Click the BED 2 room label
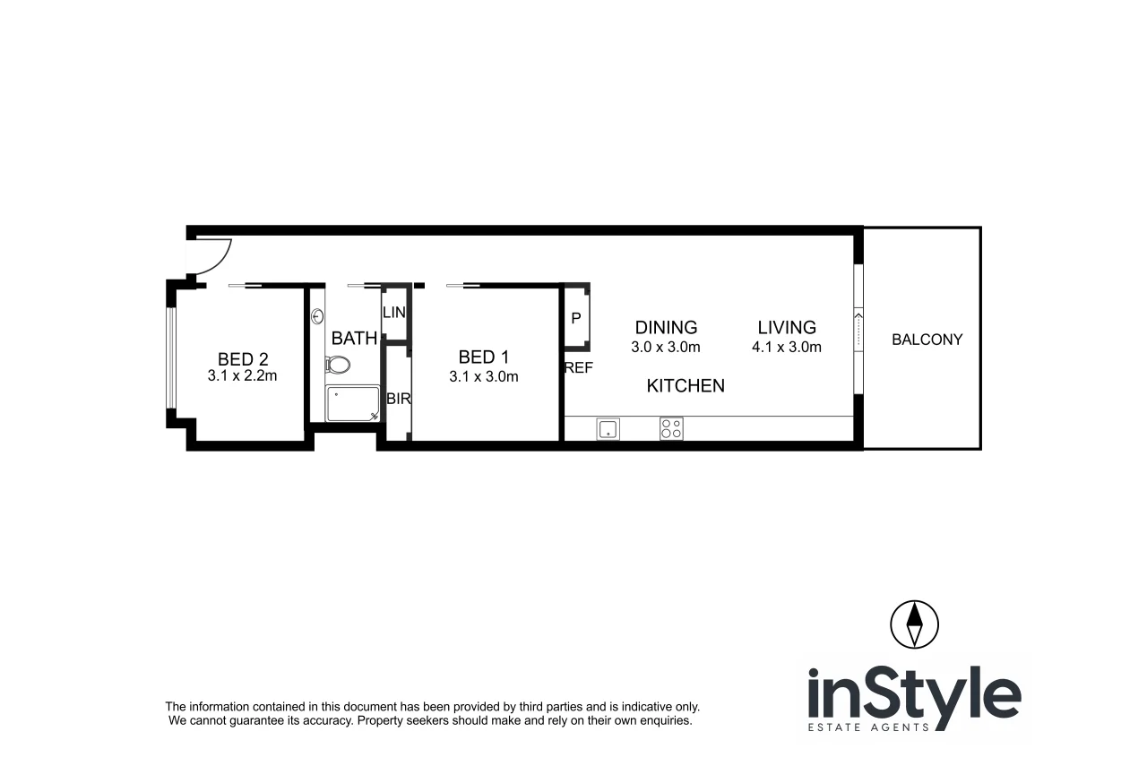coord(243,359)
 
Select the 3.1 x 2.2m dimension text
coord(242,376)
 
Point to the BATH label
coord(354,339)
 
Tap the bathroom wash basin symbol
coord(318,316)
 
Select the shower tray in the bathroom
coord(352,404)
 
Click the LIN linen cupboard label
coord(394,313)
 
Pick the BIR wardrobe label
coord(398,399)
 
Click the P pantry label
coord(575,319)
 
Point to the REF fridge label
coord(579,367)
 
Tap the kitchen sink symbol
coord(608,429)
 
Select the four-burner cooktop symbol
coord(671,429)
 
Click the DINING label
coord(666,328)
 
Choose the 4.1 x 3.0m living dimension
coord(786,347)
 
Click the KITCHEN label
coord(686,386)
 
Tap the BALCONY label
coord(927,340)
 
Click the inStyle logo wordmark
coord(914,695)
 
